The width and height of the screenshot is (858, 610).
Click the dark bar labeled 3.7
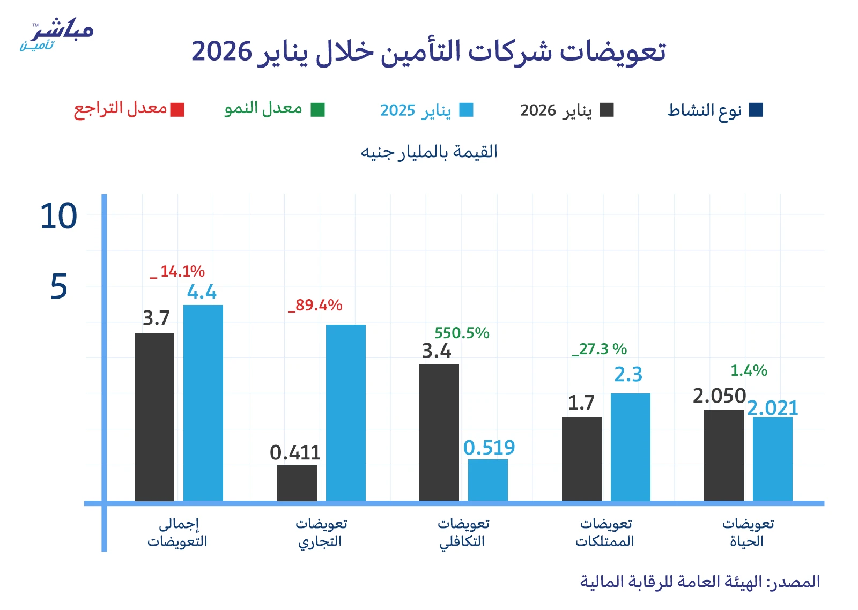click(x=154, y=416)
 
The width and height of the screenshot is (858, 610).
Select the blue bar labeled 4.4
click(x=203, y=403)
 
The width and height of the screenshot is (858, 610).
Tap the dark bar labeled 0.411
click(x=297, y=483)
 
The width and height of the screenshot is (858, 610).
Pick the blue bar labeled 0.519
click(x=488, y=480)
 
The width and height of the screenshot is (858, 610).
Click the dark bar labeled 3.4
click(x=439, y=433)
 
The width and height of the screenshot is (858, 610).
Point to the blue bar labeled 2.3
click(x=631, y=447)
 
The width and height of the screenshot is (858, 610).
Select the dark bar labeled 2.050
click(x=724, y=455)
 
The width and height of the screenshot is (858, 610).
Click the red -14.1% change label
click(x=178, y=272)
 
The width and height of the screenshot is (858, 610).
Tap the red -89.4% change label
click(x=315, y=306)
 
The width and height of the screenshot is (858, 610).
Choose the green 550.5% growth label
click(x=462, y=333)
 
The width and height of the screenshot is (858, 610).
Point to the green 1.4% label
click(x=749, y=370)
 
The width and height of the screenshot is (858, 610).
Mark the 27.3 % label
click(x=600, y=349)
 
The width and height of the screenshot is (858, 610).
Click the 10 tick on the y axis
click(x=59, y=217)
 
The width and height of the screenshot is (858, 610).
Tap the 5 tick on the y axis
click(x=59, y=287)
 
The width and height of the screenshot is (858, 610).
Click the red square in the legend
click(x=177, y=110)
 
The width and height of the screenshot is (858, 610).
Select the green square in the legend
click(x=318, y=110)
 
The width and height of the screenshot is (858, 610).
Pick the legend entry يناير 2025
click(x=416, y=110)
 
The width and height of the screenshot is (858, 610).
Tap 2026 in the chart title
click(x=221, y=52)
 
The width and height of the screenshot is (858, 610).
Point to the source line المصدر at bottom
click(x=700, y=582)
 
